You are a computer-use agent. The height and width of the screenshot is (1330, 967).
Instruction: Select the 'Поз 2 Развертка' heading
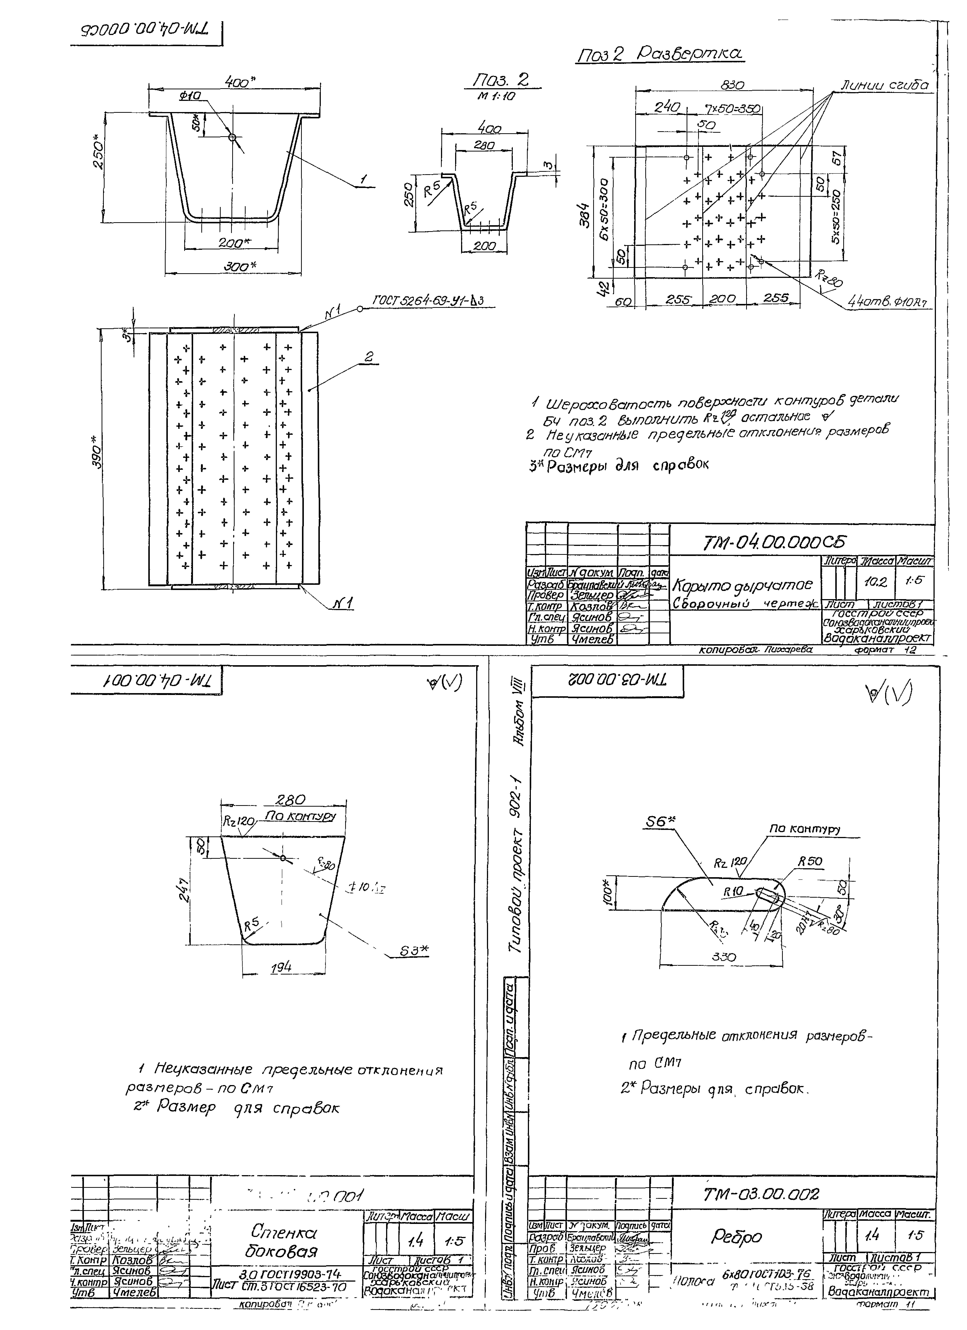660,55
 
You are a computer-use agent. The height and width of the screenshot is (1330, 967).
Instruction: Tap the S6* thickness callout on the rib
660,822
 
